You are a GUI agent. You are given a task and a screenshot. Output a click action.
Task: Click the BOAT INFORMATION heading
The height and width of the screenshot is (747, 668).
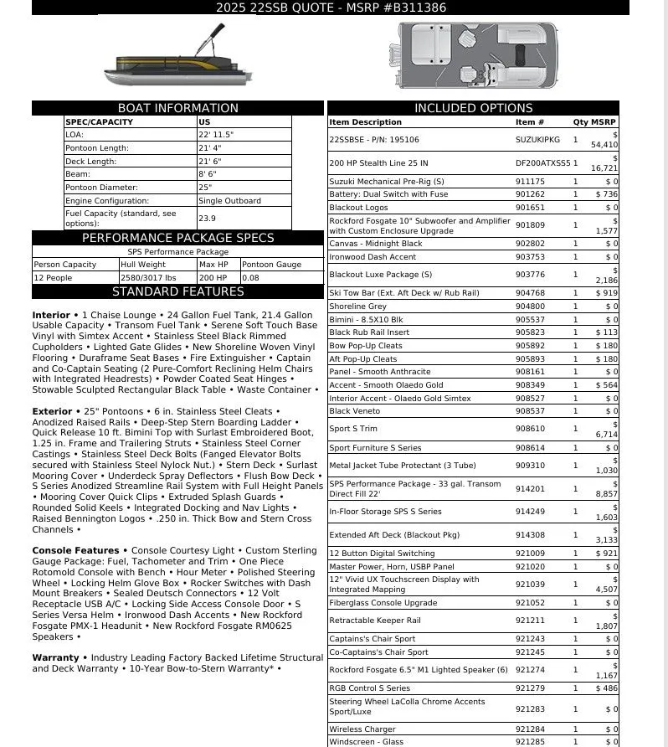[x=177, y=108]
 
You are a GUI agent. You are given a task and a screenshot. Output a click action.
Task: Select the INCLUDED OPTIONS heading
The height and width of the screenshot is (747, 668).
[x=473, y=108]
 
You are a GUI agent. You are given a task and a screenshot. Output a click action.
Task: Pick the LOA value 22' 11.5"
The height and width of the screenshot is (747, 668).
[x=216, y=134]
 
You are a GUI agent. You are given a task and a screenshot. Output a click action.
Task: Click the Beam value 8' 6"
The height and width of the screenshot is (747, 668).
[x=209, y=174]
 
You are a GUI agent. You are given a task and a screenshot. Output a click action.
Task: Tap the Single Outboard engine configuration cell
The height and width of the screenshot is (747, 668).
[x=229, y=201]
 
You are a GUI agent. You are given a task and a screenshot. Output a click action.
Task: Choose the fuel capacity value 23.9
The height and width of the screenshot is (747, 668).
[x=207, y=218]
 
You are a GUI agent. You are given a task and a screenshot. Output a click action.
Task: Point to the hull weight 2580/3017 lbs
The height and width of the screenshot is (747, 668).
[x=148, y=277]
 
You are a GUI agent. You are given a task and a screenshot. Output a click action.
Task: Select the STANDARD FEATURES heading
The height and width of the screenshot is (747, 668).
[x=177, y=292]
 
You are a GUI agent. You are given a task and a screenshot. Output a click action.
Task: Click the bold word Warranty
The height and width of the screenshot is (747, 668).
[x=55, y=657]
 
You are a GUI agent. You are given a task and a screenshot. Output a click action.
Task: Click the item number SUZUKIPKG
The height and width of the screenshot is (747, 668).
[x=537, y=140]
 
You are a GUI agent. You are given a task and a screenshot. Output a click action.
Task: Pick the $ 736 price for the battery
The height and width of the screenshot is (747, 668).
[x=606, y=194]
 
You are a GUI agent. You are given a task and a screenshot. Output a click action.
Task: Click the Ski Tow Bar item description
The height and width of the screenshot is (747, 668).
[x=404, y=293]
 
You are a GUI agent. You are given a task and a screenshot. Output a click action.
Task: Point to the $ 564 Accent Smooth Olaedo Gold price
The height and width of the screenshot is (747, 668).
[x=606, y=385]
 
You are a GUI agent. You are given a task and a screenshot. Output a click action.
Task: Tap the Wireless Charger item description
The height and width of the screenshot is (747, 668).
[x=362, y=729]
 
